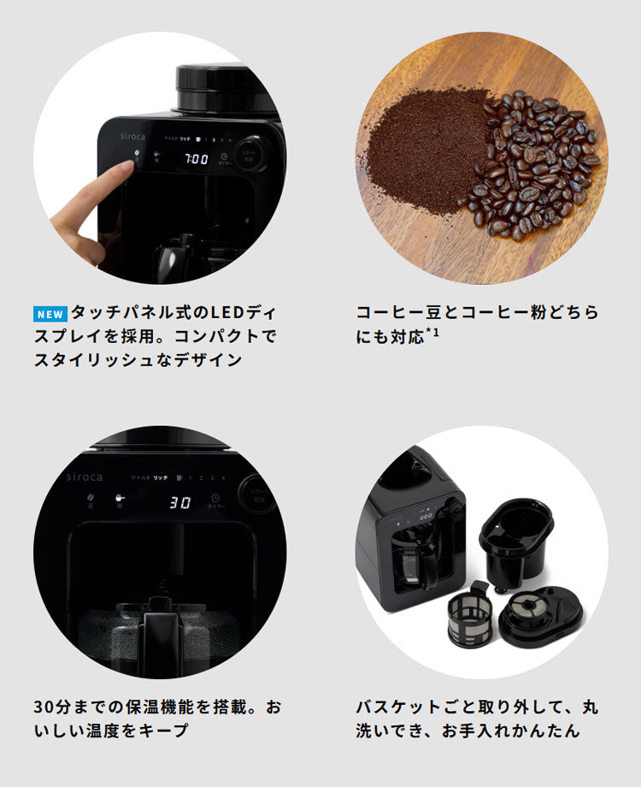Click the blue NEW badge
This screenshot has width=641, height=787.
tap(50, 313)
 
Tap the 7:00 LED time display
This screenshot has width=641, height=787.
tap(197, 158)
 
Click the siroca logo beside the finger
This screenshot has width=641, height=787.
tap(118, 137)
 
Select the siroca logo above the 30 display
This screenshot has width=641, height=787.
tap(84, 476)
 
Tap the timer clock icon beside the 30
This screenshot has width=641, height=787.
tap(215, 498)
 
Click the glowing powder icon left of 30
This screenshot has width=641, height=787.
tap(121, 498)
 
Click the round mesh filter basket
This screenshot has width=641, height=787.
tap(469, 613)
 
